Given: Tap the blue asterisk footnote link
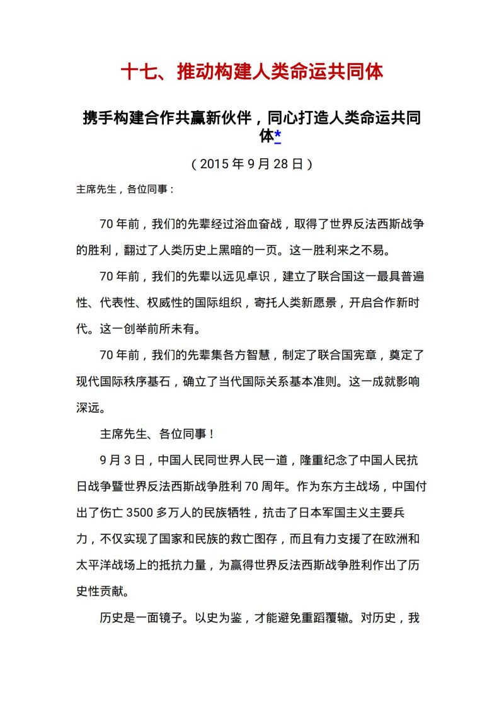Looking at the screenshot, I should pos(277,136).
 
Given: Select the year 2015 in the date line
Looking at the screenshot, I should pos(215,164).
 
